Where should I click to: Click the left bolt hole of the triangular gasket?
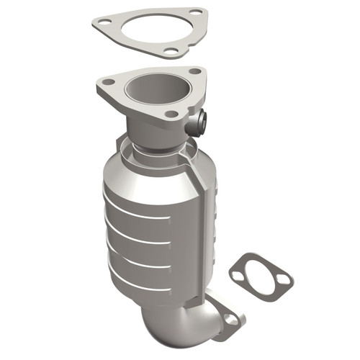[x=106, y=23]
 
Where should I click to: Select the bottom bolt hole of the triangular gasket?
[x=170, y=51]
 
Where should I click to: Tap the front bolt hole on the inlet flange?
[x=171, y=114]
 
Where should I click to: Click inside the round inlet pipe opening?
[x=150, y=92]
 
